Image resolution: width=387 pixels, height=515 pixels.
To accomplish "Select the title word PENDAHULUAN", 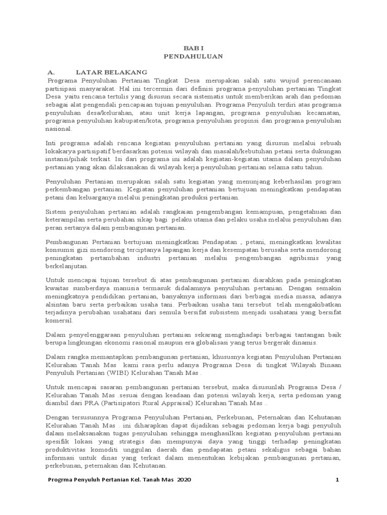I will [x=193, y=57].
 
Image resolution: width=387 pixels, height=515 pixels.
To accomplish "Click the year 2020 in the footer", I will [x=183, y=480].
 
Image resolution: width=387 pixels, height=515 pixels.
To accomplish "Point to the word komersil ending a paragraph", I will [x=59, y=320].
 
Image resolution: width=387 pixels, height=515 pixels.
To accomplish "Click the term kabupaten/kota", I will [x=128, y=121].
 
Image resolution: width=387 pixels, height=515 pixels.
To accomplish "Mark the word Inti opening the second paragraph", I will [x=51, y=143].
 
